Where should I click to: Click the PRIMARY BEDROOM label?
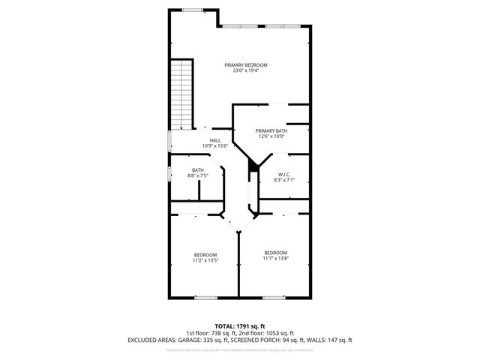click(246, 65)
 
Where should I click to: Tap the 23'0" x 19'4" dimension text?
click(246, 71)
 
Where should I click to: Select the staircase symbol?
click(181, 94)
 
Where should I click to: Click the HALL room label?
click(215, 140)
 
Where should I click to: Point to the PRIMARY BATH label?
click(271, 130)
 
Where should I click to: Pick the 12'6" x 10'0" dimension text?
click(271, 136)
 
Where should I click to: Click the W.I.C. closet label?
click(283, 174)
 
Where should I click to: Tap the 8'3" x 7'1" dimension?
click(283, 180)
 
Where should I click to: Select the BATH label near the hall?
click(197, 170)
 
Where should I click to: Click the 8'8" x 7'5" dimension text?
click(197, 176)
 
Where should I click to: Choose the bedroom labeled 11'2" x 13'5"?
click(205, 255)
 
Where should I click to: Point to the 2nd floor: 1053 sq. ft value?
click(266, 333)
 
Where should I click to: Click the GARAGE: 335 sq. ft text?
click(184, 340)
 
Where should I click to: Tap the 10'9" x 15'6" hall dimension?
click(215, 146)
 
